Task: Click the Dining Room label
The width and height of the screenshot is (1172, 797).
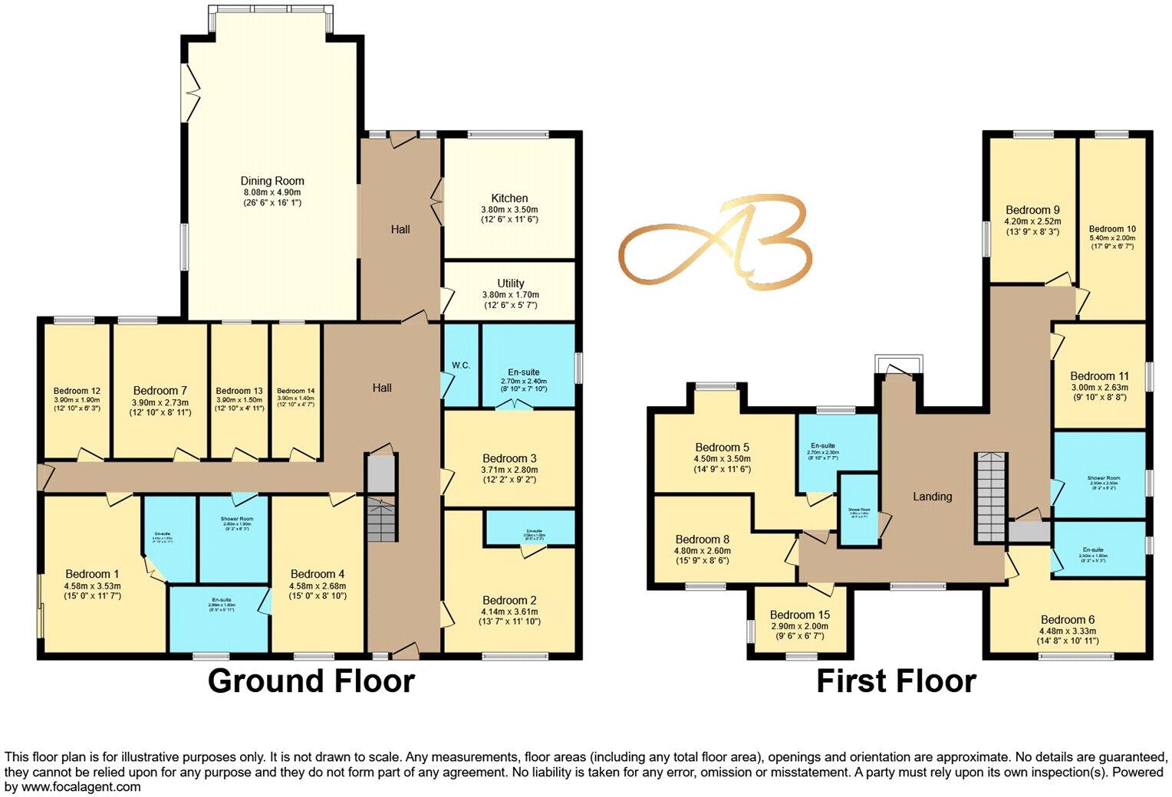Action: [x=272, y=182]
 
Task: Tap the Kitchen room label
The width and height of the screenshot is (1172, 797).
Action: [x=509, y=198]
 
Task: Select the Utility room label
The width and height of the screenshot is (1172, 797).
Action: [x=510, y=283]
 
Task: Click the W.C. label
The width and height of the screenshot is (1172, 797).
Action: [x=461, y=366]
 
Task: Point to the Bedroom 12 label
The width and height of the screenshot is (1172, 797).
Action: [x=77, y=391]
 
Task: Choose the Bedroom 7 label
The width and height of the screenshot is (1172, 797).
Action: [x=160, y=391]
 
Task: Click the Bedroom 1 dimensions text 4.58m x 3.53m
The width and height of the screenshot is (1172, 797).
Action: [x=92, y=585]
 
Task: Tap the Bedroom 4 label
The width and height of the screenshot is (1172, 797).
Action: [x=318, y=574]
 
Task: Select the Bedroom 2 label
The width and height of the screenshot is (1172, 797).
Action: [x=509, y=600]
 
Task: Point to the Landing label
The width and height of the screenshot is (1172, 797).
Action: [x=932, y=497]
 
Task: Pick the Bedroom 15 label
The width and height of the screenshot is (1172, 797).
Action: [x=799, y=615]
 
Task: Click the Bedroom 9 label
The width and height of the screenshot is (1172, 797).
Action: [x=1032, y=210]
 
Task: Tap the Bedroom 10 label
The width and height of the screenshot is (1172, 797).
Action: [x=1112, y=228]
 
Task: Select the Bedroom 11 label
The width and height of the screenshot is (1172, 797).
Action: [x=1099, y=376]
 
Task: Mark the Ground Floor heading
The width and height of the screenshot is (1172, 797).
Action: [x=311, y=681]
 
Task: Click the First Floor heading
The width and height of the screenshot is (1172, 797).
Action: [x=896, y=681]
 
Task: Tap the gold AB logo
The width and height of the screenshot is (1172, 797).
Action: [x=715, y=241]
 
